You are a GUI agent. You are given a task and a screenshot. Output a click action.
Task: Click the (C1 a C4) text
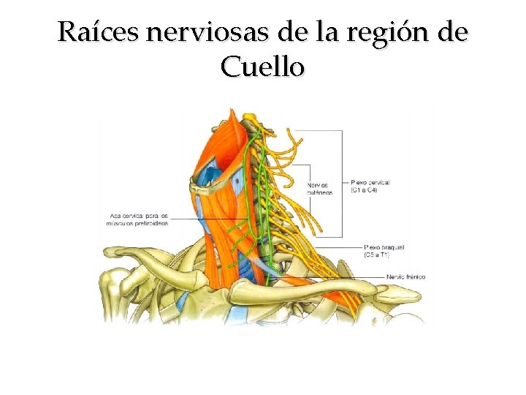click(x=365, y=190)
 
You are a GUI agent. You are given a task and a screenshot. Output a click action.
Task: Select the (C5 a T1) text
click(x=377, y=255)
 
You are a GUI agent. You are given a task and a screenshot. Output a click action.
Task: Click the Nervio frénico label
click(x=405, y=277)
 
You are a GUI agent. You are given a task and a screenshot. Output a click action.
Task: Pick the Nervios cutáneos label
click(x=320, y=188)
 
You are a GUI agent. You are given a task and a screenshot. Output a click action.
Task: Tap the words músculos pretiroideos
click(x=138, y=223)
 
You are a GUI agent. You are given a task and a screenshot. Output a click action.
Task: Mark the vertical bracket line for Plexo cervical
click(x=342, y=183)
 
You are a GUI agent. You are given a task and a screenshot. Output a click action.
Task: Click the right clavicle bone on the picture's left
click(x=146, y=256)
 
